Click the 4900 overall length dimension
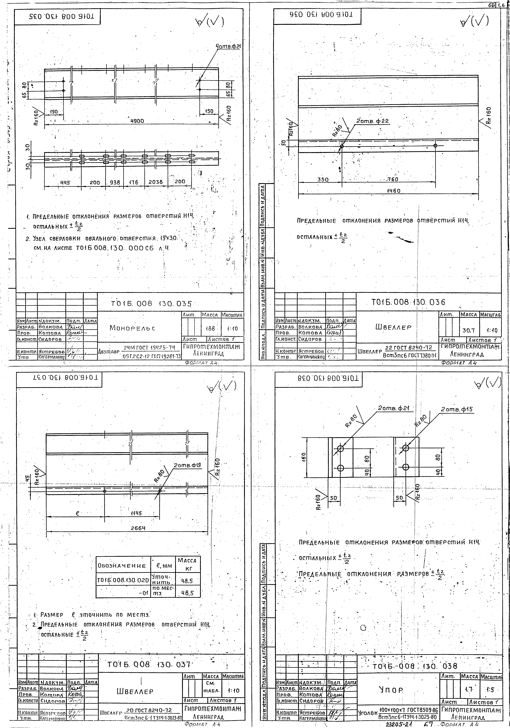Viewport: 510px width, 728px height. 137,121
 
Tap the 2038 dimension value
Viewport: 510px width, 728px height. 156,182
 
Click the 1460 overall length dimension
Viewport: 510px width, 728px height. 393,191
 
